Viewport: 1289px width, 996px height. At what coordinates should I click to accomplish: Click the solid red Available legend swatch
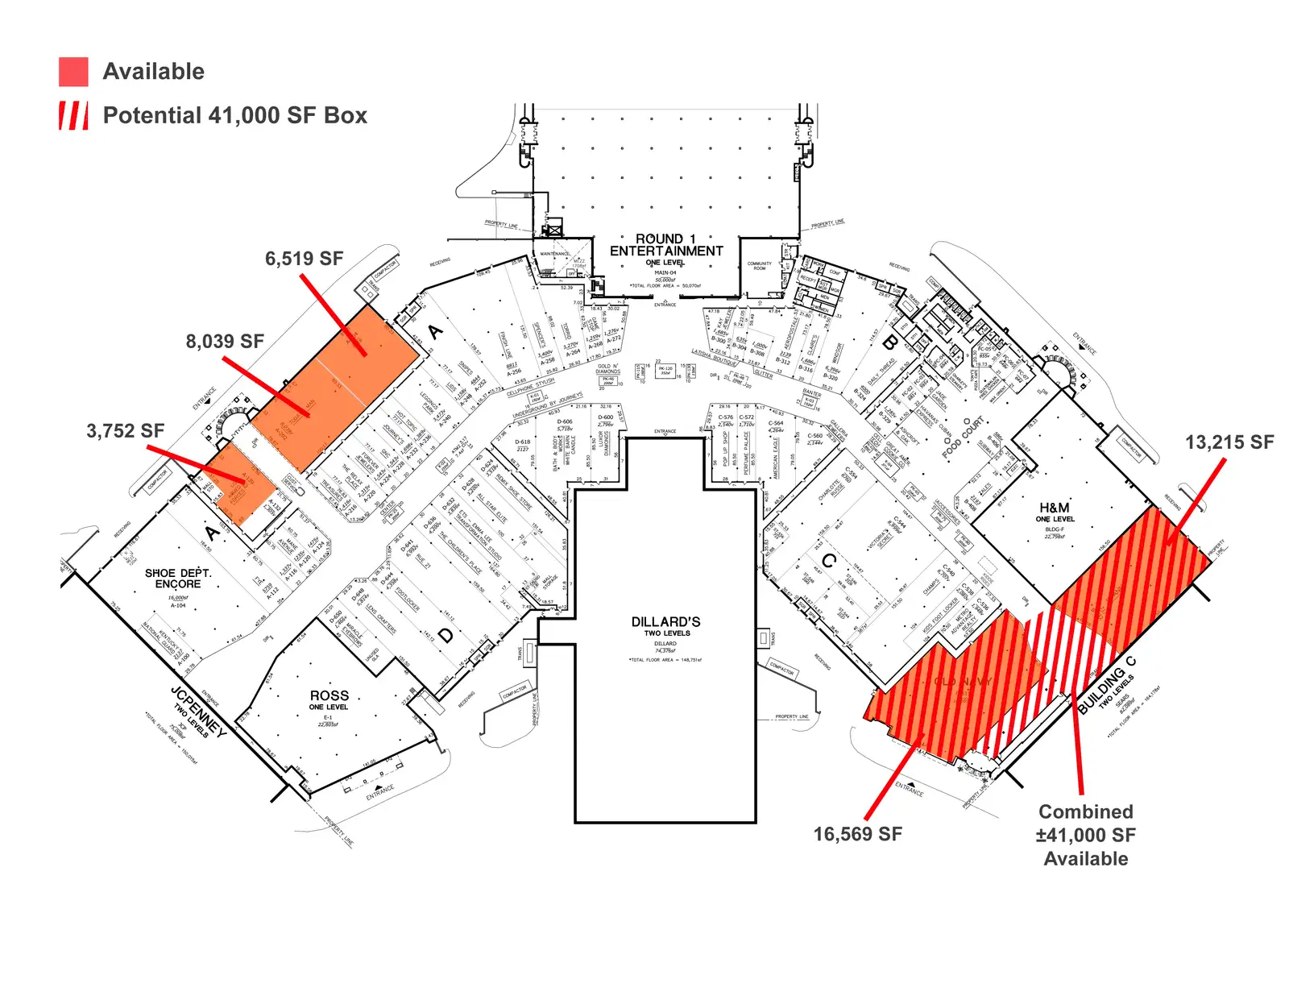point(73,72)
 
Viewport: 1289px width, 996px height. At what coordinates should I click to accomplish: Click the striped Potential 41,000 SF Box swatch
point(73,115)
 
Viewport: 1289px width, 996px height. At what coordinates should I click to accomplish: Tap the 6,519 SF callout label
point(304,259)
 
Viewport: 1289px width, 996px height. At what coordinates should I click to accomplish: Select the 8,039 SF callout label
point(225,342)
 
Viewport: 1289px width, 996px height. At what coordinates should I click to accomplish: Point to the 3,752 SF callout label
point(125,431)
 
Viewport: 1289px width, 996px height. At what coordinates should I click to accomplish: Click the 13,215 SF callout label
point(1229,442)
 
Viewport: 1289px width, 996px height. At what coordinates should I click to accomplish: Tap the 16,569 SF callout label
point(857,834)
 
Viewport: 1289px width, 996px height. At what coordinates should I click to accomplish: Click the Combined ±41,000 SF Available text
point(1085,835)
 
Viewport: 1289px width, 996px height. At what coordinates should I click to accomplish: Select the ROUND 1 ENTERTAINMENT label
point(666,245)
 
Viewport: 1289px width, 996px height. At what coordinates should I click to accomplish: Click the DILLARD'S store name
point(665,622)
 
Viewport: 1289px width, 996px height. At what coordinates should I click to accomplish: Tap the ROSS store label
point(330,695)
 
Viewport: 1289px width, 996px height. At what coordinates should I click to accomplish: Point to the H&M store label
point(1054,508)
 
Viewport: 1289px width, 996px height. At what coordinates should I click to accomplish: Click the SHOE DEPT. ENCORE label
point(178,579)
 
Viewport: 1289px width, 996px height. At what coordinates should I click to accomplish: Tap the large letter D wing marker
point(445,636)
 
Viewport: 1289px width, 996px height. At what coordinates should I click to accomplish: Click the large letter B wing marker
point(889,342)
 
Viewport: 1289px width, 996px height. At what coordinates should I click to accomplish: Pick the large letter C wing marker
point(828,561)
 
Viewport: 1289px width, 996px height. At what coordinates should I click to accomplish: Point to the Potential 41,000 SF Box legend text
point(234,115)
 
